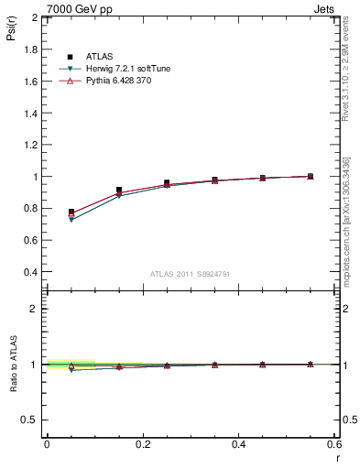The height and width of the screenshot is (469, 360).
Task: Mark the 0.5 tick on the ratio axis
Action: click(31, 420)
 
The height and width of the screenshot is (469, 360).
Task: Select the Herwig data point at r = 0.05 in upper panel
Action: click(71, 220)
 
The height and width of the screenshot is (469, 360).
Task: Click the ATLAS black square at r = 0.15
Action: click(119, 190)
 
